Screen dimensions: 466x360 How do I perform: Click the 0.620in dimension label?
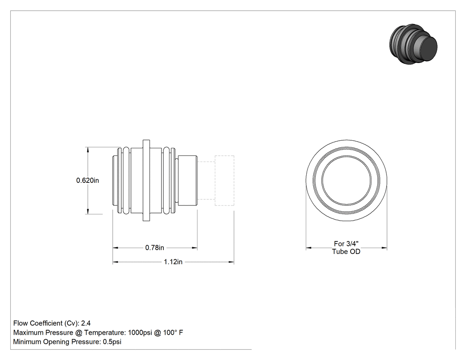click(x=87, y=181)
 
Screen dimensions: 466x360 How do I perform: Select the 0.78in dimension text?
click(x=154, y=248)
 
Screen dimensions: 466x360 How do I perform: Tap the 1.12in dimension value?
click(x=173, y=262)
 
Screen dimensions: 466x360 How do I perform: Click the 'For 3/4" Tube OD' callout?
click(x=346, y=248)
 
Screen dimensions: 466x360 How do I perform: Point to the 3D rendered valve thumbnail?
click(x=413, y=44)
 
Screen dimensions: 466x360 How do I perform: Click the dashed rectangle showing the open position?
click(x=225, y=156)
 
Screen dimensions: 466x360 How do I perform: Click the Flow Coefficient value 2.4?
click(x=86, y=323)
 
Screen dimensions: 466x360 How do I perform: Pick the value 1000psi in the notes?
click(x=140, y=332)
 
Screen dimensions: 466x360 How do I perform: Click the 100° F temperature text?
click(x=173, y=332)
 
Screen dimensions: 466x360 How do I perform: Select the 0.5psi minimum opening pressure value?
click(x=112, y=342)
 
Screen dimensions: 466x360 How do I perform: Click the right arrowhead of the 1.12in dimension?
click(x=231, y=262)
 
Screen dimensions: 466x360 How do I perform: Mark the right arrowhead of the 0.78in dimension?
click(x=194, y=248)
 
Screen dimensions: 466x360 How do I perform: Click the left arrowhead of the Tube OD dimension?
click(x=309, y=248)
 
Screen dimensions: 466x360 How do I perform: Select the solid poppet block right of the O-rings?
click(x=188, y=181)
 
